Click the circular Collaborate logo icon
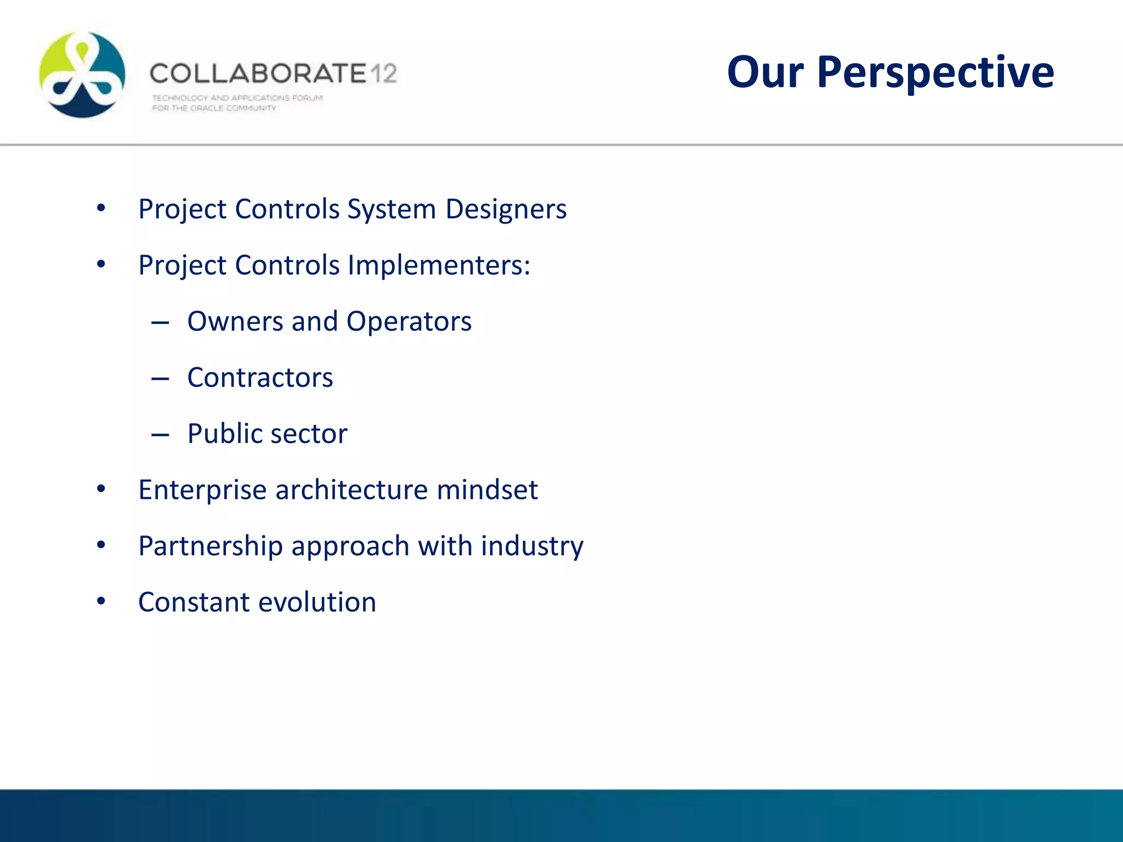pos(82,75)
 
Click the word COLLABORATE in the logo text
pos(258,73)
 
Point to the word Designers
pos(506,209)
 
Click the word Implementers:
pos(439,265)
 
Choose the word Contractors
pos(260,378)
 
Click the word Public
pos(224,434)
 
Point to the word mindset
pos(487,490)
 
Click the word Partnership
pos(211,546)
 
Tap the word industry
pos(532,546)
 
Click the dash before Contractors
pos(160,379)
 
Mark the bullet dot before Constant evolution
pos(101,601)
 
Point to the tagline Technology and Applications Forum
pos(237,98)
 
